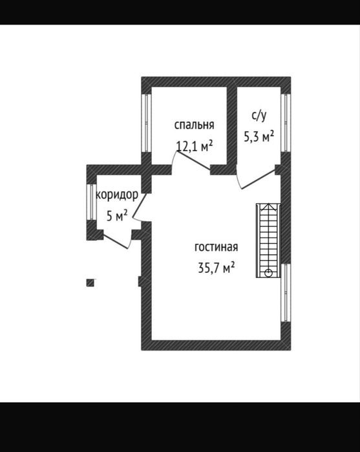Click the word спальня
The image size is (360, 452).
195,125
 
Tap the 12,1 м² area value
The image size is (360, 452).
195,146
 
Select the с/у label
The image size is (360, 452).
259,116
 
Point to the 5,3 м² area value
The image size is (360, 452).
259,136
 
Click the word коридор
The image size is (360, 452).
117,195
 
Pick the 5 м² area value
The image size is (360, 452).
117,215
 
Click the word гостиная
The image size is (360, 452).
216,247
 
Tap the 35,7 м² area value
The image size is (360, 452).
216,268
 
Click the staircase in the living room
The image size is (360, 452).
268,241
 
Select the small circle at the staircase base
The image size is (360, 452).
268,273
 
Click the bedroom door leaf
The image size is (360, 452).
194,160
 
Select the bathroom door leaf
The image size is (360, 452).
259,179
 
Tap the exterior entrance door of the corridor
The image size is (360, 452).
115,242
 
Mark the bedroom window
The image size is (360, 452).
147,123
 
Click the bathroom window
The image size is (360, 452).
286,122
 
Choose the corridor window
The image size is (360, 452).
91,202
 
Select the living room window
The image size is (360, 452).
286,293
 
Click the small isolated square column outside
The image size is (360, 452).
90,283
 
